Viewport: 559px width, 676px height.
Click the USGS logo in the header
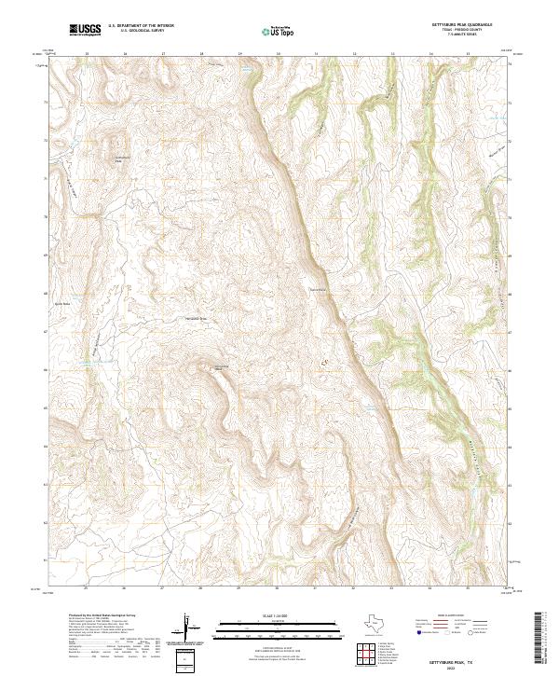pyautogui.click(x=85, y=31)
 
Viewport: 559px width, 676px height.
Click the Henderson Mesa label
pyautogui.click(x=189, y=319)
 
